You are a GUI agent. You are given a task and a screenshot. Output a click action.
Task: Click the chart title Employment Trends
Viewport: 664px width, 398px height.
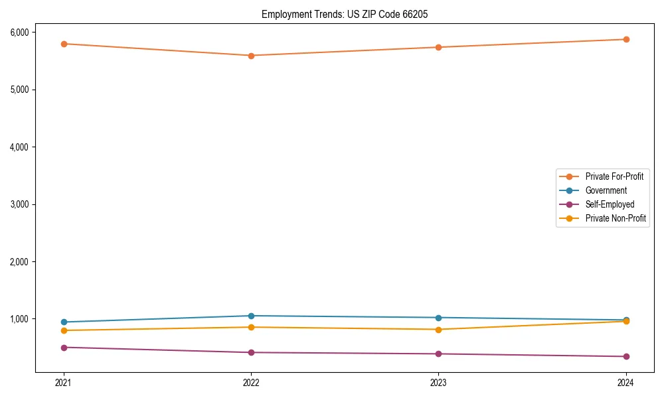tap(349, 14)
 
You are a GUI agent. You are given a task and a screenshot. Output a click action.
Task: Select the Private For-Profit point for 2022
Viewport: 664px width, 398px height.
tap(251, 56)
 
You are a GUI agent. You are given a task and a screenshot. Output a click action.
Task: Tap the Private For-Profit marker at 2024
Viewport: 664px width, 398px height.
tap(626, 39)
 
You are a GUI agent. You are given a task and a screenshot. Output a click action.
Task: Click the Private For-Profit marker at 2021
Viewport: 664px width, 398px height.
tap(64, 44)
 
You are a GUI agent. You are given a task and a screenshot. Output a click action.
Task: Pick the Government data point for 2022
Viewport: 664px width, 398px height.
tap(251, 316)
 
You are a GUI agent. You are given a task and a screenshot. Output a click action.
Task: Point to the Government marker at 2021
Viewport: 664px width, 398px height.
tap(64, 322)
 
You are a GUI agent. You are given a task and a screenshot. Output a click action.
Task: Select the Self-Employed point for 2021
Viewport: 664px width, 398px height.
tap(64, 348)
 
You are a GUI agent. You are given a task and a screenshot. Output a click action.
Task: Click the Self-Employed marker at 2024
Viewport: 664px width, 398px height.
tap(626, 357)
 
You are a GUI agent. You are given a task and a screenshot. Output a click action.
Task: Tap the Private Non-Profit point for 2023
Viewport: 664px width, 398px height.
tap(438, 330)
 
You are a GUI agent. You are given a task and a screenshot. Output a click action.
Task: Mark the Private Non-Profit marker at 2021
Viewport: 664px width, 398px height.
tap(64, 330)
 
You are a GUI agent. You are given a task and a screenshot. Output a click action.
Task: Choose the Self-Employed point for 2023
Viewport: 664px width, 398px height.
tap(438, 354)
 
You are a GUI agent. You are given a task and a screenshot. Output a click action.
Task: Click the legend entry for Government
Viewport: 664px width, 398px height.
tap(606, 190)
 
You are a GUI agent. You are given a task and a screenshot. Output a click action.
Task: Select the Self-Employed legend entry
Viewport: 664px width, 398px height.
tap(610, 204)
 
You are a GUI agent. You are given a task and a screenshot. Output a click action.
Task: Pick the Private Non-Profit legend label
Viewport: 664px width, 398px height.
tap(616, 218)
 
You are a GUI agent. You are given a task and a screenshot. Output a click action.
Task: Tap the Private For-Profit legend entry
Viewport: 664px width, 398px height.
tap(614, 176)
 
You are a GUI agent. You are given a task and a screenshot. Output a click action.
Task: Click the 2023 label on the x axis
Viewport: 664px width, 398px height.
tap(438, 382)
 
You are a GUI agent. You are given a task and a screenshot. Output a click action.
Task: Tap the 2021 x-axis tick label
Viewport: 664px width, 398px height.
tap(64, 382)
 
